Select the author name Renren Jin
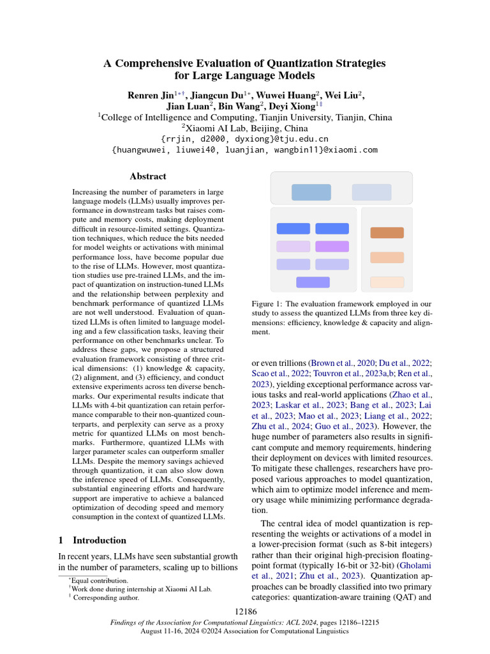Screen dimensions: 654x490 149,95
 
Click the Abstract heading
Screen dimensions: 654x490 147,176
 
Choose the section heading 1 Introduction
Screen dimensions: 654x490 93,540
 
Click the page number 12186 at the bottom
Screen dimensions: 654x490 245,612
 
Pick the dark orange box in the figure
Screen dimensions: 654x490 387,232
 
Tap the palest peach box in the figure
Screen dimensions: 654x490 387,282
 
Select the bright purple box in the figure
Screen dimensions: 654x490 332,246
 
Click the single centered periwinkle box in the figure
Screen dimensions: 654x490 313,282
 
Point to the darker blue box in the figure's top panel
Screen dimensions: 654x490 311,192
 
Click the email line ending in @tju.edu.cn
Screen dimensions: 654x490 245,139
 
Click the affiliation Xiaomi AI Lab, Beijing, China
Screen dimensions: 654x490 245,128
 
